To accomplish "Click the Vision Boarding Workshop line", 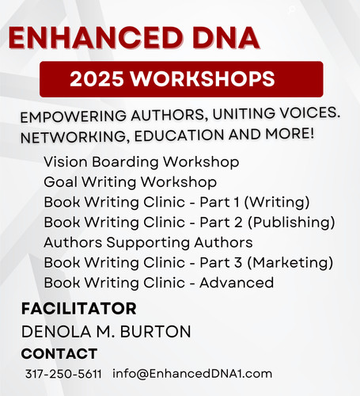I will (141, 162).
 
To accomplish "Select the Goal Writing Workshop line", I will (129, 181).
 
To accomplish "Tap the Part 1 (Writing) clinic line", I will (176, 201).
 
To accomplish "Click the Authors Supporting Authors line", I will (148, 242).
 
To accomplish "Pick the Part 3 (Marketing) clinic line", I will (188, 262).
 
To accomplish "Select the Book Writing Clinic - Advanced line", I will (158, 282).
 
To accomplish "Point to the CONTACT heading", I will (59, 353).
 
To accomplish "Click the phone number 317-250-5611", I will (63, 373).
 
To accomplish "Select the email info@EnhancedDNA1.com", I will (192, 373).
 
